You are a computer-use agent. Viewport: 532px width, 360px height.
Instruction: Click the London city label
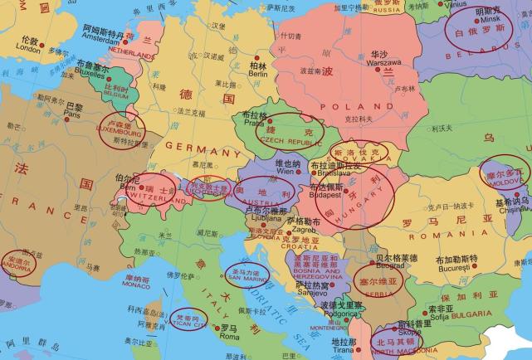tap(27, 49)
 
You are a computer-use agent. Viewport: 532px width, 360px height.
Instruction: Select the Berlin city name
tap(257, 74)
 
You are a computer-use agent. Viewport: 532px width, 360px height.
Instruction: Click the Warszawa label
tap(384, 62)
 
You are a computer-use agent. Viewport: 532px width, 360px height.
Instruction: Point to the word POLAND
tap(363, 107)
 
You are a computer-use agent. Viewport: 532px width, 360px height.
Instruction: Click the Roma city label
tap(228, 338)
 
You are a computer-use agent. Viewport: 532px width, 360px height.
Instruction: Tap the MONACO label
tap(135, 285)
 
